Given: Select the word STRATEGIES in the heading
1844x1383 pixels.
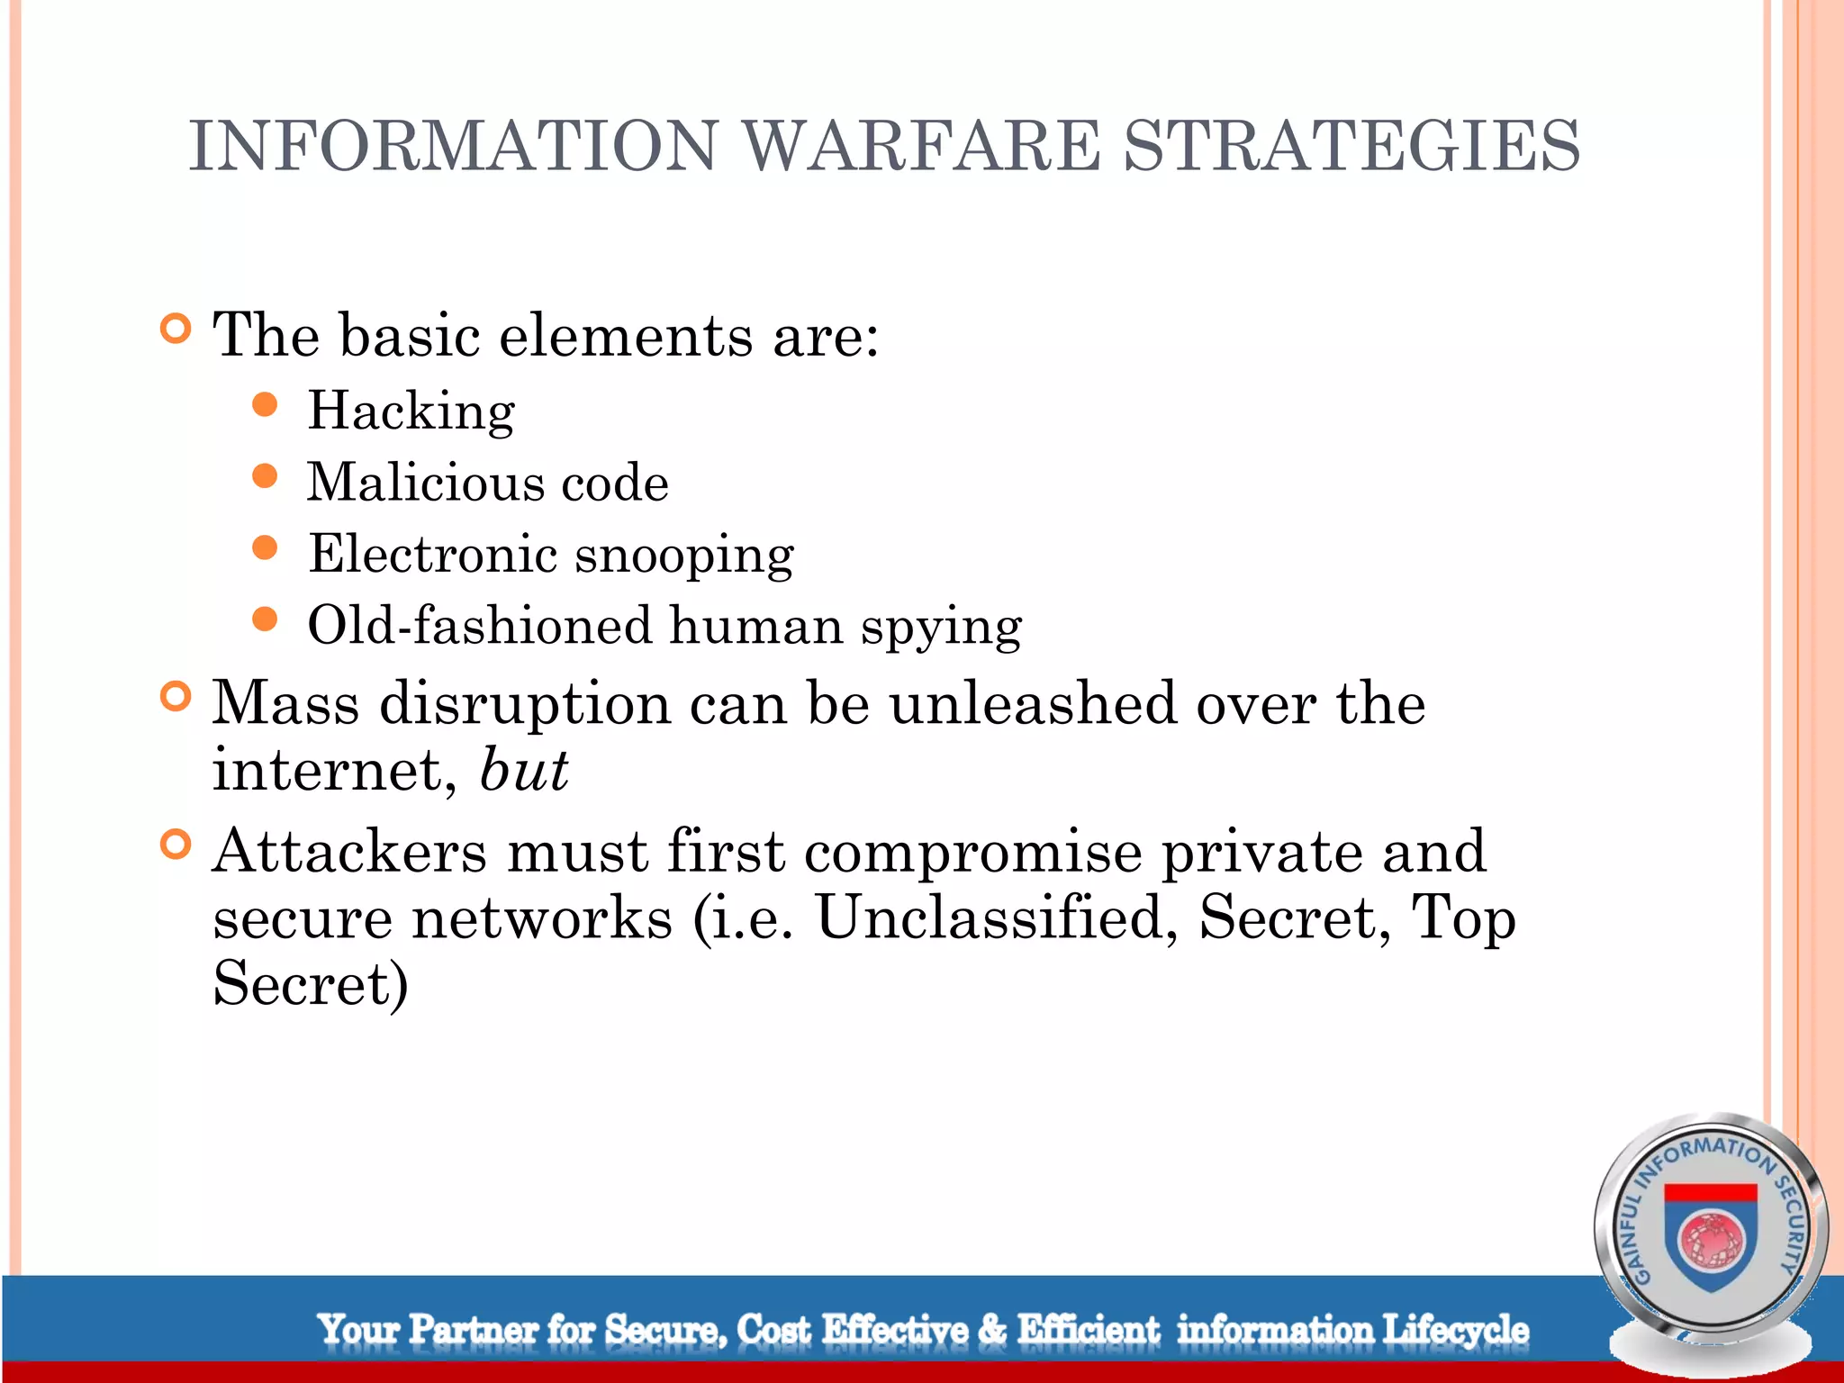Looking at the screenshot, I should click(x=1351, y=146).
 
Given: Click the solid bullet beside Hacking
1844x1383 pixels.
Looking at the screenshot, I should click(x=265, y=404).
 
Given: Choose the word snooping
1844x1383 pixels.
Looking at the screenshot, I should click(x=684, y=555).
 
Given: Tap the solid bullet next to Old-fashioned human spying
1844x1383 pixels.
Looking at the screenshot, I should click(x=265, y=619).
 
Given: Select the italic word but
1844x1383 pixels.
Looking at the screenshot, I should click(x=524, y=771).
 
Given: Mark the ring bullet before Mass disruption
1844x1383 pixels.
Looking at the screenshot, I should click(x=176, y=697).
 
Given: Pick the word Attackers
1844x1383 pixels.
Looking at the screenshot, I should click(x=350, y=851).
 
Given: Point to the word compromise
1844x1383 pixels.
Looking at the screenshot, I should click(x=972, y=851).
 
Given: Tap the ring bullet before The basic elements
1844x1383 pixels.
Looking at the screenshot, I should click(x=176, y=330).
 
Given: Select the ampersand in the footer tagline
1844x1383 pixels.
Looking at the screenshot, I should click(x=992, y=1330).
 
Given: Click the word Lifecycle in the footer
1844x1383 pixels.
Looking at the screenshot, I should click(x=1455, y=1330).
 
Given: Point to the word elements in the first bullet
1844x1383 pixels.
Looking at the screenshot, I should click(x=626, y=336).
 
